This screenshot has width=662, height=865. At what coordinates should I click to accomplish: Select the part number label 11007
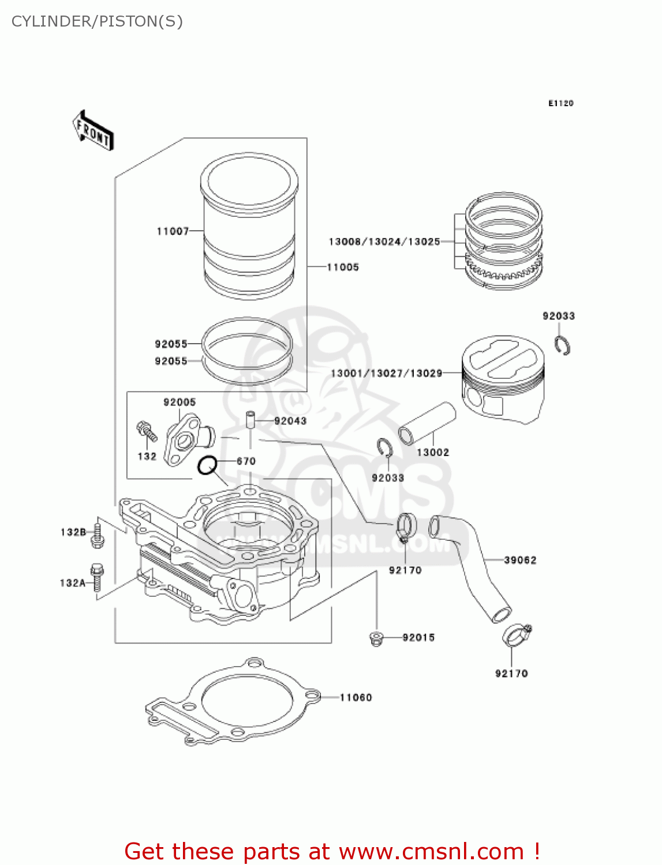(x=173, y=231)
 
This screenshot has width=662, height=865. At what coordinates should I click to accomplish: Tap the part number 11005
(x=343, y=267)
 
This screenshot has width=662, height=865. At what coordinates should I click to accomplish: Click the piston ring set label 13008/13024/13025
(x=384, y=242)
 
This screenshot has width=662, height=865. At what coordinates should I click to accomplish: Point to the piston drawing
(x=503, y=380)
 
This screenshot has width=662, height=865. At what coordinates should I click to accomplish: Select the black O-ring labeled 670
(x=207, y=465)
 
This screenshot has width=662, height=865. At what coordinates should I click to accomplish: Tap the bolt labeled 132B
(x=98, y=534)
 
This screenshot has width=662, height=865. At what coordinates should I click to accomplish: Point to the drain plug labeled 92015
(x=377, y=638)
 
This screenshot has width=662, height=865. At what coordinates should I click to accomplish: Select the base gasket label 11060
(x=356, y=698)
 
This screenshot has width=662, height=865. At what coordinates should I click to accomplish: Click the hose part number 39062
(x=520, y=560)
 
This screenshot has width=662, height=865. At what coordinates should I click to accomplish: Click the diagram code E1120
(x=560, y=103)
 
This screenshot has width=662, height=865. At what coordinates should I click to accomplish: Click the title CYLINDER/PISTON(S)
(x=97, y=21)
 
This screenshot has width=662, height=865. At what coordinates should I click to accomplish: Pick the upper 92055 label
(x=171, y=344)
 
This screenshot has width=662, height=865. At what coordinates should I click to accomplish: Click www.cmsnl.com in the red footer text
(x=431, y=852)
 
